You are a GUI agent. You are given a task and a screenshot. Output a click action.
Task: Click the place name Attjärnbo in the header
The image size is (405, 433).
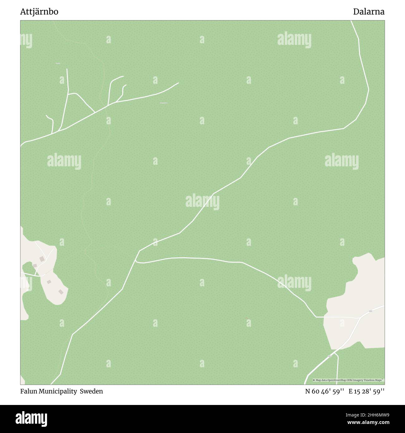(39, 12)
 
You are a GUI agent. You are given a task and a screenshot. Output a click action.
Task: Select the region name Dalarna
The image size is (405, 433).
(369, 12)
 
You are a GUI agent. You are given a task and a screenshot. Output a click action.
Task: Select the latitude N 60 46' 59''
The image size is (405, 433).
(324, 391)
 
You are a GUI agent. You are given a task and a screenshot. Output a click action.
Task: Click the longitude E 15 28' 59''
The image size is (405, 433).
(366, 391)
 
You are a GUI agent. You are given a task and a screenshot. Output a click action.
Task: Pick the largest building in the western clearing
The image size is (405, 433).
(42, 259)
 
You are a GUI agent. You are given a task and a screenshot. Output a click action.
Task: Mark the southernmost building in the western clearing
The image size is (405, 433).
(61, 292)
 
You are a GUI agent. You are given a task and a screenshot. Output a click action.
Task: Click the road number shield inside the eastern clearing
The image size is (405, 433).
(370, 311)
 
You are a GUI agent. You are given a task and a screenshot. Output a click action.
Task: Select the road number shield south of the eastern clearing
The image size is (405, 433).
(329, 356)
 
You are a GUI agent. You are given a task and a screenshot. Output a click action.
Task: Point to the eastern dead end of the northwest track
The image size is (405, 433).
(179, 83)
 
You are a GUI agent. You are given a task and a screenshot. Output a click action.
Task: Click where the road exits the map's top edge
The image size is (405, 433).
(351, 21)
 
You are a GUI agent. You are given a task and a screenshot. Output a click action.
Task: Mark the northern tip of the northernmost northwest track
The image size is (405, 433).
(67, 69)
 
